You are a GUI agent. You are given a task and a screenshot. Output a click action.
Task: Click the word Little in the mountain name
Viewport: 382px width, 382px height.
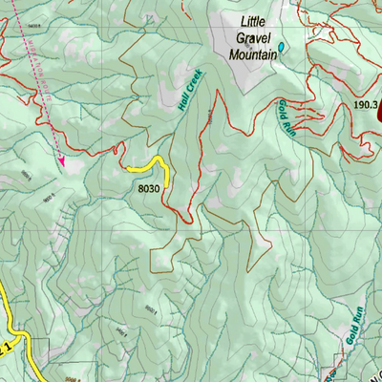point(255,21)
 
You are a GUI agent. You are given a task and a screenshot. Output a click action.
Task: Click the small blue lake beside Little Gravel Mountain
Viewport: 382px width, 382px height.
point(283,47)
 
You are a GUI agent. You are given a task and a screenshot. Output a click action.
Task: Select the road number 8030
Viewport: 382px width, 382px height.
point(147,190)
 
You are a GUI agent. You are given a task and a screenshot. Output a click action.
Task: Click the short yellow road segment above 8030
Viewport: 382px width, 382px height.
point(153,166)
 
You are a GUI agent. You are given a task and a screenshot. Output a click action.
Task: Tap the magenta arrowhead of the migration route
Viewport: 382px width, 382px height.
point(62,163)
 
